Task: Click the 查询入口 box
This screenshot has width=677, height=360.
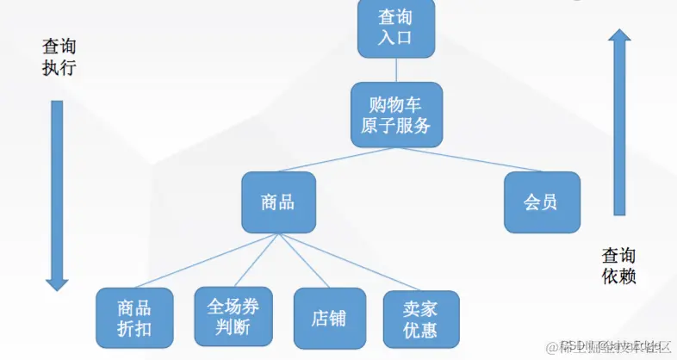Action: coord(396,28)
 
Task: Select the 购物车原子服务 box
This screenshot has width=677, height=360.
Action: coord(396,115)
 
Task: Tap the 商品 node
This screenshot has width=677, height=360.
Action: coord(278,202)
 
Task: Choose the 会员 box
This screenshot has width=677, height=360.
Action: coord(542,202)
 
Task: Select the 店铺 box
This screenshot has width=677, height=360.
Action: coord(327,318)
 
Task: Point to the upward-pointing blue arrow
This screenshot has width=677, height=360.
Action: coord(618,121)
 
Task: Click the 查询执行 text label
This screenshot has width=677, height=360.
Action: coord(59,57)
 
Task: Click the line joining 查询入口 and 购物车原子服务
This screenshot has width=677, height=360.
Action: coord(396,69)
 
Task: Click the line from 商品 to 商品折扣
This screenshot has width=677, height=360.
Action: coord(207,260)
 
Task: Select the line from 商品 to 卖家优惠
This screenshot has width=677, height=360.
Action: coord(349,260)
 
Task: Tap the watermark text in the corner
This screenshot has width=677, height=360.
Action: coord(615,346)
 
